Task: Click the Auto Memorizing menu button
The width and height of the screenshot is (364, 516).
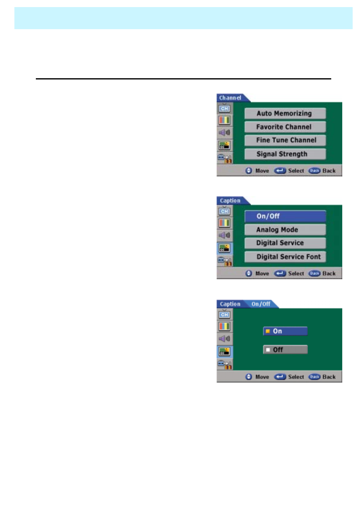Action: click(x=285, y=114)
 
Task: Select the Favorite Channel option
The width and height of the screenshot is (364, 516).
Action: click(x=285, y=127)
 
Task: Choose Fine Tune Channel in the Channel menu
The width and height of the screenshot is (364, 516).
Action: click(x=285, y=141)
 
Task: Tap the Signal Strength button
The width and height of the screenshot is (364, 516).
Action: click(x=285, y=154)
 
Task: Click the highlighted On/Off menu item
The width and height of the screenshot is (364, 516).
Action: click(x=285, y=216)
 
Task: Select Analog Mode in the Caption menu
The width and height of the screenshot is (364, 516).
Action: click(x=285, y=230)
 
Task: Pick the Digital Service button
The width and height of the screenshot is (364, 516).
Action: click(x=285, y=243)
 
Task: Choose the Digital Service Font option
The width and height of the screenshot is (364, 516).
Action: click(x=285, y=257)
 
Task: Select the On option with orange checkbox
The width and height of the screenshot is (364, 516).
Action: click(x=285, y=331)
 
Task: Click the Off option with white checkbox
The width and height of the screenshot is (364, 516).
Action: click(x=285, y=350)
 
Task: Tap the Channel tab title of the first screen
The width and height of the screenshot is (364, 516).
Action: click(x=230, y=98)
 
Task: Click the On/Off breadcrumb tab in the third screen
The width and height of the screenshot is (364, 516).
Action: click(x=261, y=304)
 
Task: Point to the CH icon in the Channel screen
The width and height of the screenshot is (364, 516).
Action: click(x=225, y=109)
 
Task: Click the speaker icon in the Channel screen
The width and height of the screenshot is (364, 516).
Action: click(x=225, y=133)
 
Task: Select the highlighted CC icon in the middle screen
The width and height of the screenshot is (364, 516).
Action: click(x=225, y=248)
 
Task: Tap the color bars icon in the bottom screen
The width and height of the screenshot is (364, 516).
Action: click(x=225, y=326)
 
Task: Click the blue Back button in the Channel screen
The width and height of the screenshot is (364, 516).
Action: click(x=314, y=171)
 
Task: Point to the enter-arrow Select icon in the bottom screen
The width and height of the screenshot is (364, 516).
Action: click(x=280, y=377)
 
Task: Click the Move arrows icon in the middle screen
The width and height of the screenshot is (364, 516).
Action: click(x=249, y=273)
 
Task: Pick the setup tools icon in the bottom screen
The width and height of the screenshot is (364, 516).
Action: click(x=225, y=365)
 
